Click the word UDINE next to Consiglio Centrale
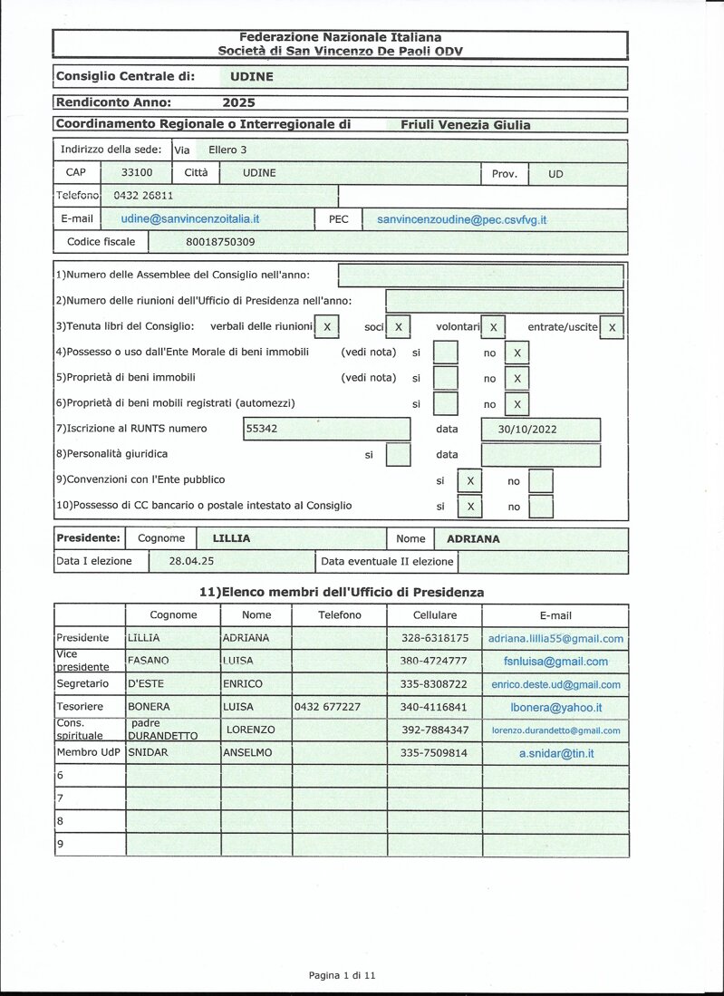[x=252, y=77]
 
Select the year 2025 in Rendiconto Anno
[x=238, y=103]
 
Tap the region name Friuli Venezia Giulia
[x=465, y=125]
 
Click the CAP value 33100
[x=137, y=173]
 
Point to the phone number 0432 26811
[x=143, y=195]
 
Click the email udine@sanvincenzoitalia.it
[x=190, y=219]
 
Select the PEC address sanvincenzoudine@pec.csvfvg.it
[x=461, y=219]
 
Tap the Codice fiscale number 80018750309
[x=220, y=242]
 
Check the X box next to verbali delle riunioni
[x=326, y=326]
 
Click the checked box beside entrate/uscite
[x=612, y=327]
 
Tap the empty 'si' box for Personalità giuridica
[x=398, y=454]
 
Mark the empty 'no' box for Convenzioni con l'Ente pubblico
[x=540, y=480]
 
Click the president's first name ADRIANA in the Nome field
[x=473, y=538]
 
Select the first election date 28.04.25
[x=191, y=561]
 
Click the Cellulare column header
[x=434, y=615]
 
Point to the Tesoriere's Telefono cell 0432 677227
[x=326, y=707]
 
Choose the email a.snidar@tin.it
[x=555, y=753]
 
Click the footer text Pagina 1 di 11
[x=342, y=975]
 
